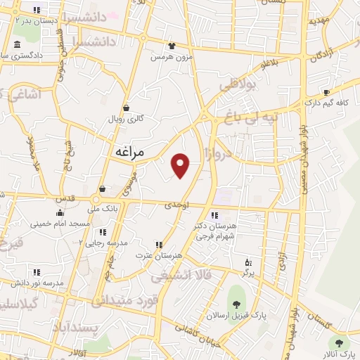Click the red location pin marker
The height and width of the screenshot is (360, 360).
(x=181, y=165)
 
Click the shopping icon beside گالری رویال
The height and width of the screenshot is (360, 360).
(x=126, y=108)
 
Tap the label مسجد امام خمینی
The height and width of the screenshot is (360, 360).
(x=60, y=224)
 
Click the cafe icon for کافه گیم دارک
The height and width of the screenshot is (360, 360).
(x=326, y=93)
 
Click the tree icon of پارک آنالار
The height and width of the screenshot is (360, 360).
(x=340, y=343)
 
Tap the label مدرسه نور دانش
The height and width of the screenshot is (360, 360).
(x=37, y=283)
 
